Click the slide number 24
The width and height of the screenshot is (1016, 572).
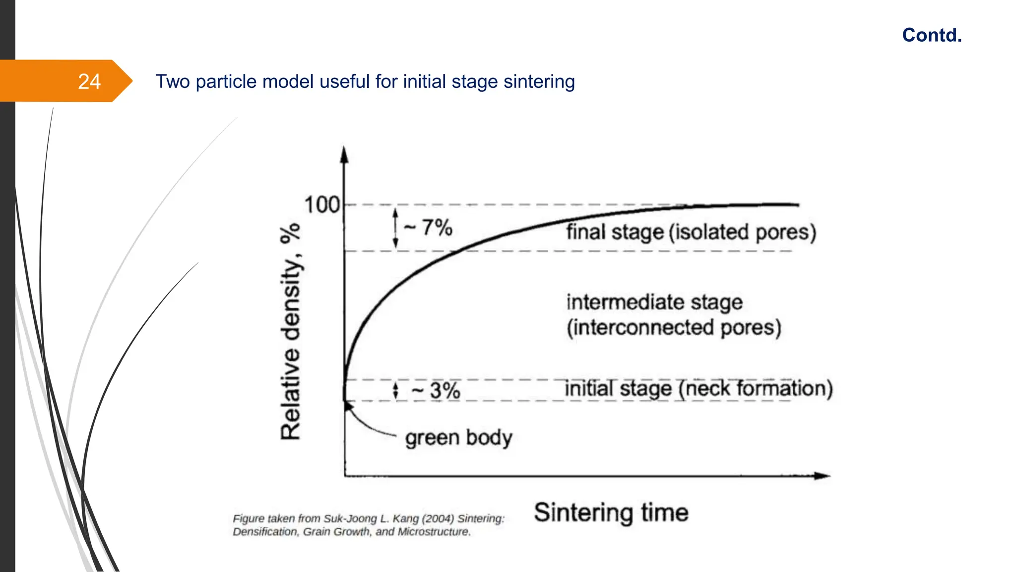[x=89, y=81]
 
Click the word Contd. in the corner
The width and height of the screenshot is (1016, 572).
[x=932, y=35]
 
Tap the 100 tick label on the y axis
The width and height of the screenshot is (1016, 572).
[x=321, y=205]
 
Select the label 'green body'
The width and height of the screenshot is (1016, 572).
[x=458, y=438]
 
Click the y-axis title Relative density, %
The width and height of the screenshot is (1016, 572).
[x=291, y=331]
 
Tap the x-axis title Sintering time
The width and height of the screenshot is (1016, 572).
[x=611, y=512]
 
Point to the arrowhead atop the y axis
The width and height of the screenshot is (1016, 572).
[x=344, y=154]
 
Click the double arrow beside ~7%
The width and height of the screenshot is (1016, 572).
[x=395, y=228]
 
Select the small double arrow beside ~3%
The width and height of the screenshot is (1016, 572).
[x=395, y=390]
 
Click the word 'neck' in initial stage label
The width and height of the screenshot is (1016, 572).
[x=708, y=388]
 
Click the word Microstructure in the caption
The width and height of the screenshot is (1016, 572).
[x=434, y=532]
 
